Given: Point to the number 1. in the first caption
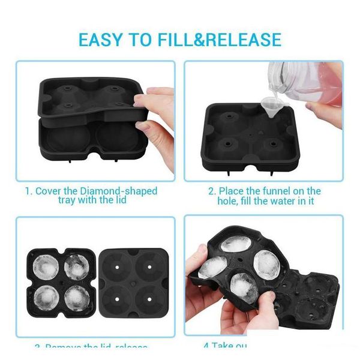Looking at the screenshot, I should point(28,191).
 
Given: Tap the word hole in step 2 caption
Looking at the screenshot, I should point(228,201).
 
